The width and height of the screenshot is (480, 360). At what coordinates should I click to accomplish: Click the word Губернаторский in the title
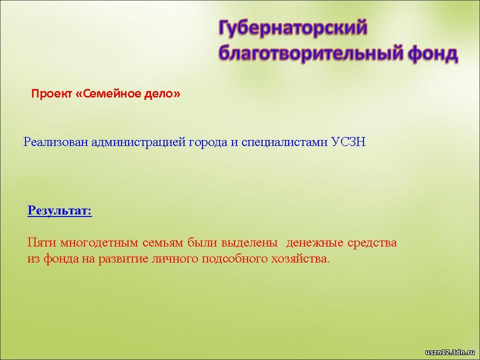[293, 28]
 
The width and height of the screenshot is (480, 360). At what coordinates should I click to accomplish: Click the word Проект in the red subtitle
[51, 93]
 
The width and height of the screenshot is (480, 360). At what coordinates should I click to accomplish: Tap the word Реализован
[55, 142]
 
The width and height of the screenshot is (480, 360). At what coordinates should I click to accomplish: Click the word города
[207, 142]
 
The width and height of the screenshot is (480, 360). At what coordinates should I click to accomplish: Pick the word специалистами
[284, 142]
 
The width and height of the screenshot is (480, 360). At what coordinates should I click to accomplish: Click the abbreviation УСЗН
[348, 142]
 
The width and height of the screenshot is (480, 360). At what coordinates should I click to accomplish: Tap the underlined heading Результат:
[59, 210]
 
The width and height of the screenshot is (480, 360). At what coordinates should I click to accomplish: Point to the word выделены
[249, 243]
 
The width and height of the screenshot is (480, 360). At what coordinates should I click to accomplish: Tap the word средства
[372, 243]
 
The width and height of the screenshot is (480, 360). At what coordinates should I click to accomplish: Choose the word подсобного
[234, 259]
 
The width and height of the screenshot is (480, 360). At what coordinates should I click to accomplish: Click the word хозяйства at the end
[300, 259]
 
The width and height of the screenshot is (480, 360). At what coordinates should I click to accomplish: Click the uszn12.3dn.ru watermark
[450, 352]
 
